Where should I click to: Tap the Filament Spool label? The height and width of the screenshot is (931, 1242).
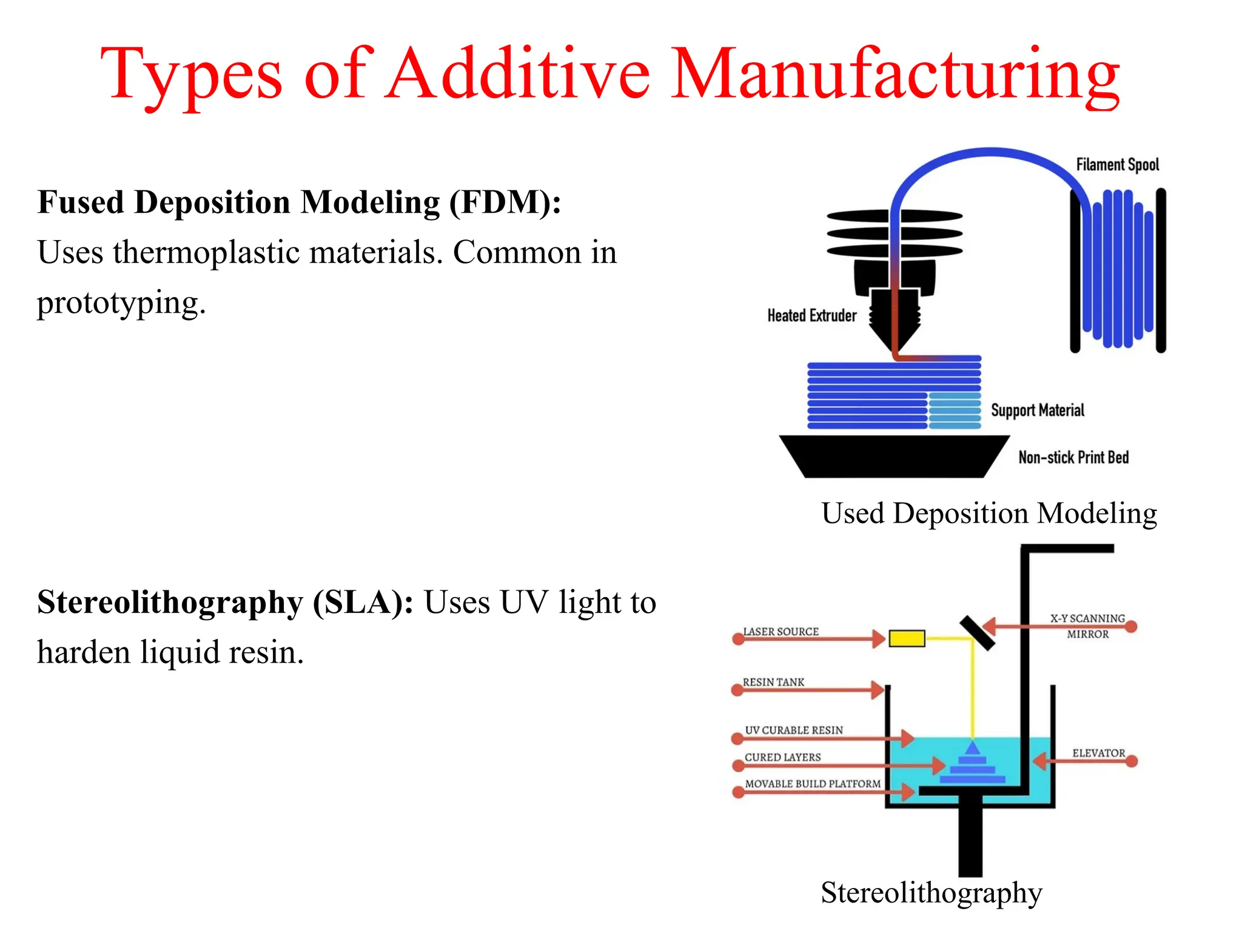click(1117, 165)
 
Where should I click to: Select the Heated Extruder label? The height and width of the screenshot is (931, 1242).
click(811, 316)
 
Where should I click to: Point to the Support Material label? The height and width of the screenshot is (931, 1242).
click(1037, 410)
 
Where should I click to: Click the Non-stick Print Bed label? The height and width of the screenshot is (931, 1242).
click(1073, 458)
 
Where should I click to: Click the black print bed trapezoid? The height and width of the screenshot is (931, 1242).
click(895, 456)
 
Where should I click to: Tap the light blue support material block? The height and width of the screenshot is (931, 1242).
click(955, 411)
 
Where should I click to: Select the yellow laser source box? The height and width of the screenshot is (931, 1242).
click(907, 638)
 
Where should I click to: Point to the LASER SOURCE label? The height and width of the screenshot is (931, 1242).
click(781, 632)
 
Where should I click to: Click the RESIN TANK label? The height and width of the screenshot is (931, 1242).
click(773, 682)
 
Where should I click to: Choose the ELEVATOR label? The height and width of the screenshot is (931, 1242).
click(1098, 753)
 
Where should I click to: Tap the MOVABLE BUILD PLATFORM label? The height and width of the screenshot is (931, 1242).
click(813, 784)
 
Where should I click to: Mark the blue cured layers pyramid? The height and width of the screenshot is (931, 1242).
click(973, 767)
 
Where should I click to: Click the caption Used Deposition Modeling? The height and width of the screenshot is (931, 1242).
click(989, 513)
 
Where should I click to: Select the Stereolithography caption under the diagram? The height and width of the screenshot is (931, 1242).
click(931, 893)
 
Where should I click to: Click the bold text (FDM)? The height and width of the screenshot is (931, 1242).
click(505, 202)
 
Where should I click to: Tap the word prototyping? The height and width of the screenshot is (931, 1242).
click(121, 302)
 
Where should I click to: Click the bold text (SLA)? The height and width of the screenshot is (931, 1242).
click(363, 602)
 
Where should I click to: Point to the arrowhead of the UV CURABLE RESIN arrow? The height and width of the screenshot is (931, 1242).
click(908, 738)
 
